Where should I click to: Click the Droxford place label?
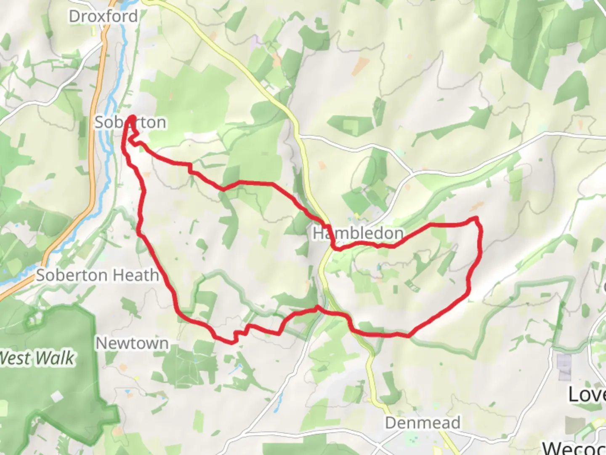103,17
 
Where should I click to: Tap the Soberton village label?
130,123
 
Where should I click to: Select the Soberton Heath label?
97,276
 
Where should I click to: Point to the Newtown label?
132,343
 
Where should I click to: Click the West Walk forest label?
37,359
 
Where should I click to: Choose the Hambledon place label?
358,233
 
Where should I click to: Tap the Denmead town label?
423,423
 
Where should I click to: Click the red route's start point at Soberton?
133,118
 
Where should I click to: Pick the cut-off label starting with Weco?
574,448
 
